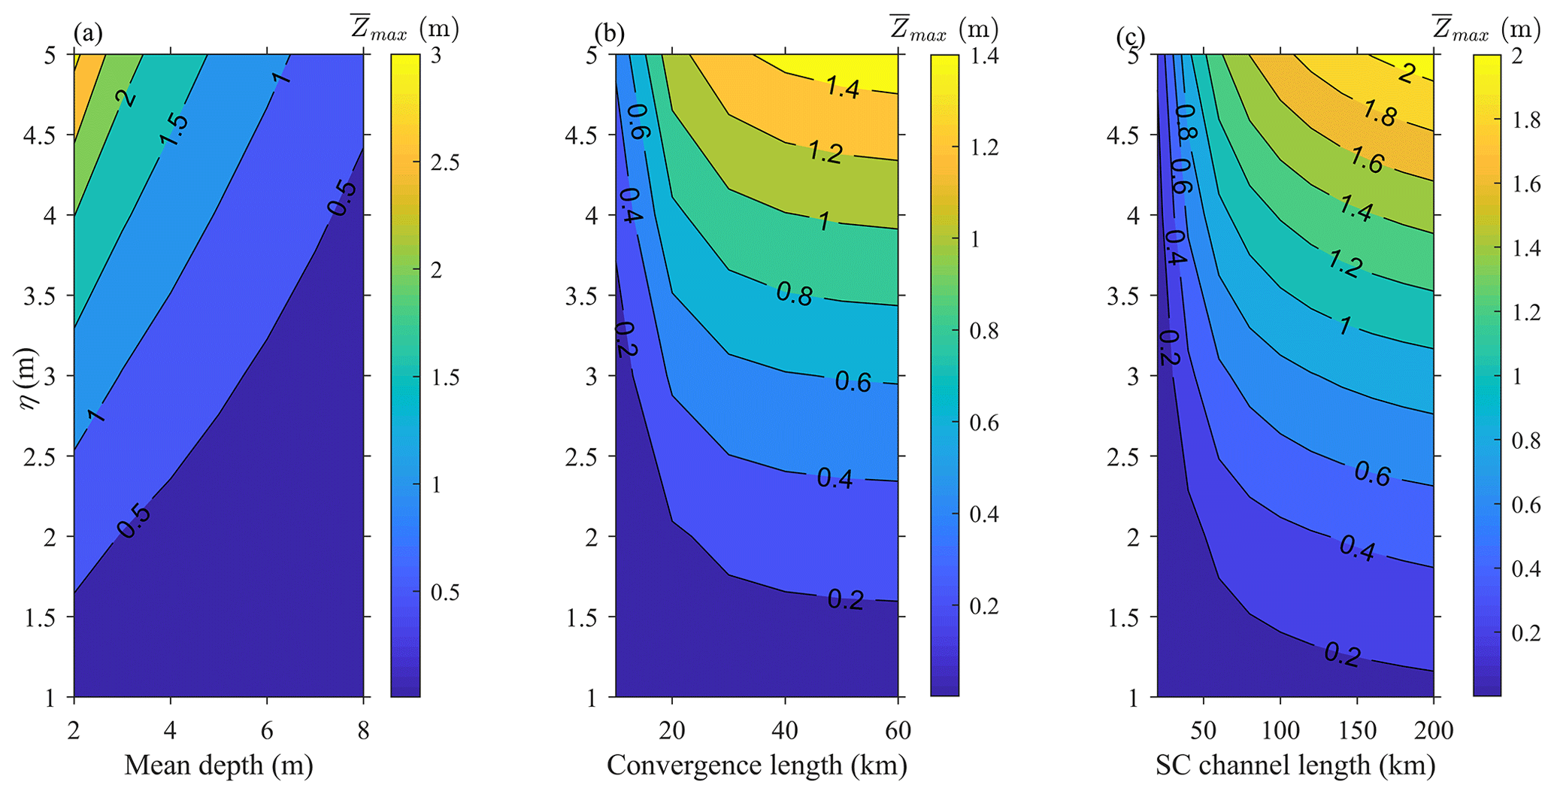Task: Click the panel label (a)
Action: (x=87, y=35)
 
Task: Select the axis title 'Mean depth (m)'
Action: (x=218, y=765)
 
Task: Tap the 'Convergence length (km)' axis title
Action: (x=757, y=765)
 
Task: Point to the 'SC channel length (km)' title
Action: (x=1295, y=765)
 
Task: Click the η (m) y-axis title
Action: (x=30, y=377)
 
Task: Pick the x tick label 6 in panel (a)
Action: (x=267, y=731)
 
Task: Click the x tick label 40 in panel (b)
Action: (x=785, y=731)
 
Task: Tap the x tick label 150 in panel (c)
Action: (x=1357, y=731)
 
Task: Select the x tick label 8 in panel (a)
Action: (x=364, y=731)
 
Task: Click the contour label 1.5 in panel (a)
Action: (x=174, y=129)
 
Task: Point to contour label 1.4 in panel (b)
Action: (x=842, y=88)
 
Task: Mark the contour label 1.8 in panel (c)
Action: (x=1379, y=114)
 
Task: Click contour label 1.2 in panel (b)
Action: (x=825, y=153)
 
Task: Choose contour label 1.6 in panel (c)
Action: (x=1366, y=159)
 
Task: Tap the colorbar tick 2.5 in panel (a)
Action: (x=444, y=163)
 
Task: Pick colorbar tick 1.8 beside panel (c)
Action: (x=1526, y=120)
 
